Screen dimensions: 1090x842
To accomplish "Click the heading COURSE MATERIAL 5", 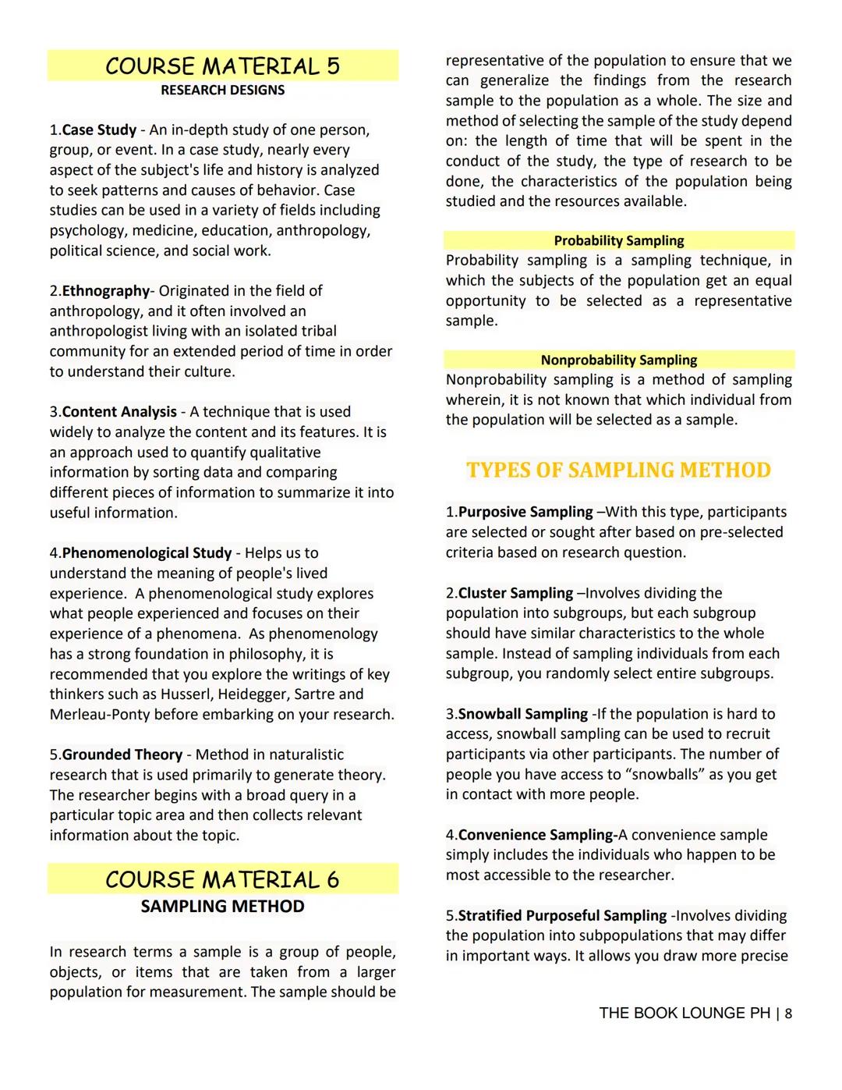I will pos(222,66).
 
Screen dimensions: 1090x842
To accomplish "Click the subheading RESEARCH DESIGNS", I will pos(222,91).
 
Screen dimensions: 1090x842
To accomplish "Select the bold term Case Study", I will pos(99,130).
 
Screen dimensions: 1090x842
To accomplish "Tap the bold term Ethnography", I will pos(105,291).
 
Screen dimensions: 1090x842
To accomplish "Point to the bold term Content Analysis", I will pos(119,412).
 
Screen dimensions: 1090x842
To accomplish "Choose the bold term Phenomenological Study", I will pos(147,553).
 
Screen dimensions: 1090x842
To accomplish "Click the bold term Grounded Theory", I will pos(122,754).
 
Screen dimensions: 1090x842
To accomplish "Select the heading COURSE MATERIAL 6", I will pos(222,879).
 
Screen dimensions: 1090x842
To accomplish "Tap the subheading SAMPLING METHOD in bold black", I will pos(222,907).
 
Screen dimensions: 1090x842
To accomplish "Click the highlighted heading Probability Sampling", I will pos(619,241).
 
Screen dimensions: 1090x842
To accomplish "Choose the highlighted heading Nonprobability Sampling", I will pos(619,360).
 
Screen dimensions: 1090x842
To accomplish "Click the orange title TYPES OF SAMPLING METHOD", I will pos(618,470).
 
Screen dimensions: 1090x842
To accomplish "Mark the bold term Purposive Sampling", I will pos(525,513).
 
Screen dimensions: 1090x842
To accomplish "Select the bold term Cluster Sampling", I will pos(515,593).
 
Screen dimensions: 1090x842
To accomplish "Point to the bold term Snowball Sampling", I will pos(522,714).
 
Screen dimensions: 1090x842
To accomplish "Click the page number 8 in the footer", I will pos(788,1014).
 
